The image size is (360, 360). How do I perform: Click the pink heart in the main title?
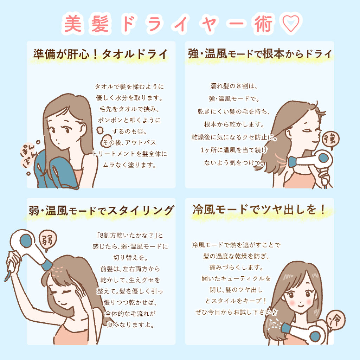point(291,23)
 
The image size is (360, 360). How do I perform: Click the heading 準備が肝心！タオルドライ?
point(101,54)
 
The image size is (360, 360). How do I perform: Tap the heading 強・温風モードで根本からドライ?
point(260,54)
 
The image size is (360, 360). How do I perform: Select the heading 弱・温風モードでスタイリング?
point(101,211)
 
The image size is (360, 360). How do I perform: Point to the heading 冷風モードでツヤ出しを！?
point(259,210)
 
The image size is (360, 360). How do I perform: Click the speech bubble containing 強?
point(330,139)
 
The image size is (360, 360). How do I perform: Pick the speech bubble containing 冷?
point(335,320)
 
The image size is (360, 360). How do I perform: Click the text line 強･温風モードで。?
point(234,99)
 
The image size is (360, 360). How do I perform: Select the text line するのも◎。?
point(129,131)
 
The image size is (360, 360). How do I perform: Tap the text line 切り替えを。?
point(130,258)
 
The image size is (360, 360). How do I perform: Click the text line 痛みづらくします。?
point(236,267)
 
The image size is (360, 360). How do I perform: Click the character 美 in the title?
point(73,24)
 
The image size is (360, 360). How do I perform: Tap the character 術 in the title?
point(263,24)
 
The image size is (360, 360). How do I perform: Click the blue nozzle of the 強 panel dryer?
point(292,162)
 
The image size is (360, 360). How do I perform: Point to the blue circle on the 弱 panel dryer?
point(26,241)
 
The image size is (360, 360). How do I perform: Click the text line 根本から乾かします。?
point(234,124)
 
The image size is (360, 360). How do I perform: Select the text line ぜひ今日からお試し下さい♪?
point(237,312)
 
